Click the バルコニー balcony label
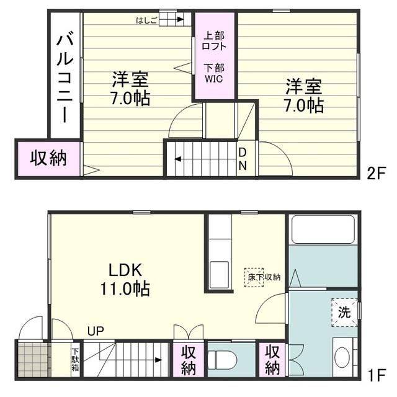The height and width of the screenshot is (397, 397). pyautogui.click(x=65, y=77)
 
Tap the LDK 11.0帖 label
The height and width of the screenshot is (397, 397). pyautogui.click(x=125, y=280)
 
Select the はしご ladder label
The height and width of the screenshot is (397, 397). pyautogui.click(x=146, y=20)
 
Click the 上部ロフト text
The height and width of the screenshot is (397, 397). pyautogui.click(x=214, y=41)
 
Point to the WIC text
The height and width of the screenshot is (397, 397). pyautogui.click(x=214, y=79)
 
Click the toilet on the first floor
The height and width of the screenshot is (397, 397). pyautogui.click(x=222, y=360)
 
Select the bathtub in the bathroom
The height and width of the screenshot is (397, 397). pyautogui.click(x=323, y=229)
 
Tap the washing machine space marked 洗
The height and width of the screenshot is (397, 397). pyautogui.click(x=344, y=313)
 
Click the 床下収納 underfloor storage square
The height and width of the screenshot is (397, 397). pyautogui.click(x=254, y=277)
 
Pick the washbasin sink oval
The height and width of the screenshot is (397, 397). pyautogui.click(x=342, y=357)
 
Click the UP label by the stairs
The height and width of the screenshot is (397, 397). pyautogui.click(x=96, y=331)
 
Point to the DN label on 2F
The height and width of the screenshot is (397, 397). pyautogui.click(x=243, y=159)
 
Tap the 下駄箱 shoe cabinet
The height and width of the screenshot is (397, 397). pyautogui.click(x=75, y=360)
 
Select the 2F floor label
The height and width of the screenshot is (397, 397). pyautogui.click(x=376, y=172)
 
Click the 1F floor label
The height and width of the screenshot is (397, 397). pyautogui.click(x=377, y=375)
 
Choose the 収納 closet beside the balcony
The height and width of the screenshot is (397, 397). pyautogui.click(x=48, y=159)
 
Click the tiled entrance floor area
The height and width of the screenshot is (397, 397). pyautogui.click(x=33, y=360)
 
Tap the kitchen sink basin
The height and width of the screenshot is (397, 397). pyautogui.click(x=219, y=275)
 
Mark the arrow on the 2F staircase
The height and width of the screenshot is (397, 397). pyautogui.click(x=205, y=159)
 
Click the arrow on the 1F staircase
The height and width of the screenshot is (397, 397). pyautogui.click(x=131, y=360)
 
